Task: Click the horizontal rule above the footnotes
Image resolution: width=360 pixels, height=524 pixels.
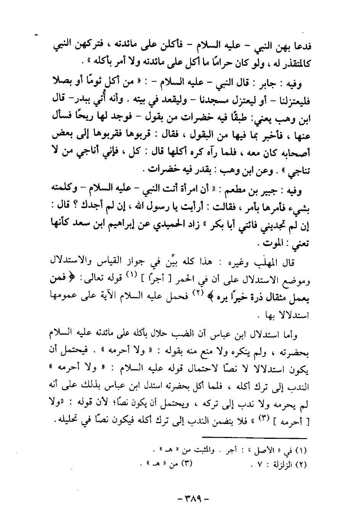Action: click(x=255, y=437)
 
